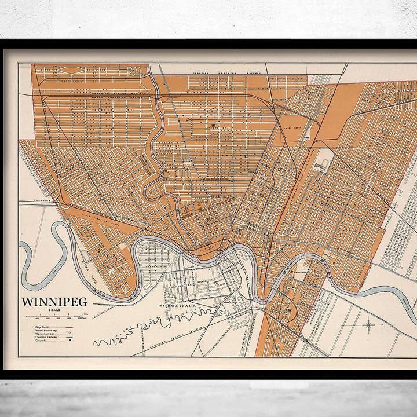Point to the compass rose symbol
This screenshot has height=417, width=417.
368,325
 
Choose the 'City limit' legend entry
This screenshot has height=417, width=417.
42,327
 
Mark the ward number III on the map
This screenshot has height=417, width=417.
213,125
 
